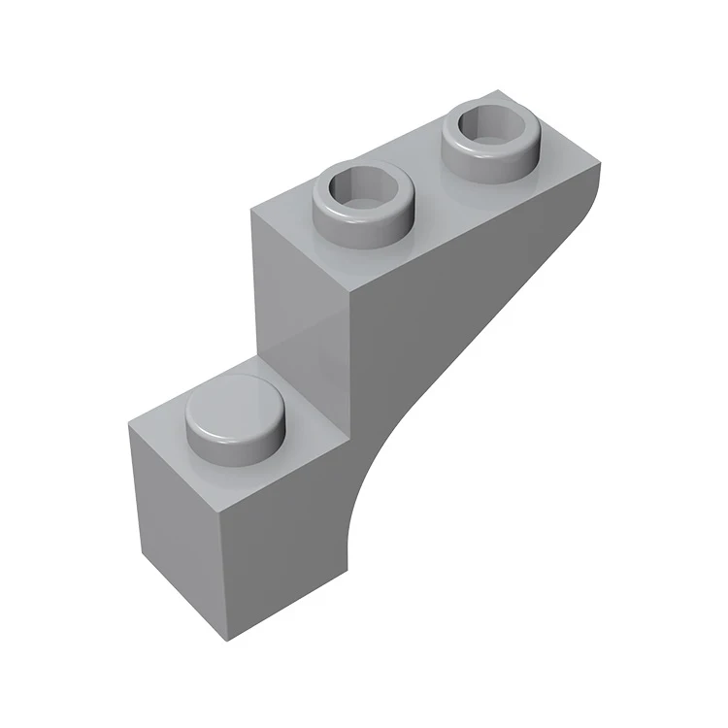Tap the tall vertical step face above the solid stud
coord(301,311)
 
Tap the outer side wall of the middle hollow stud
coord(364,223)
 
